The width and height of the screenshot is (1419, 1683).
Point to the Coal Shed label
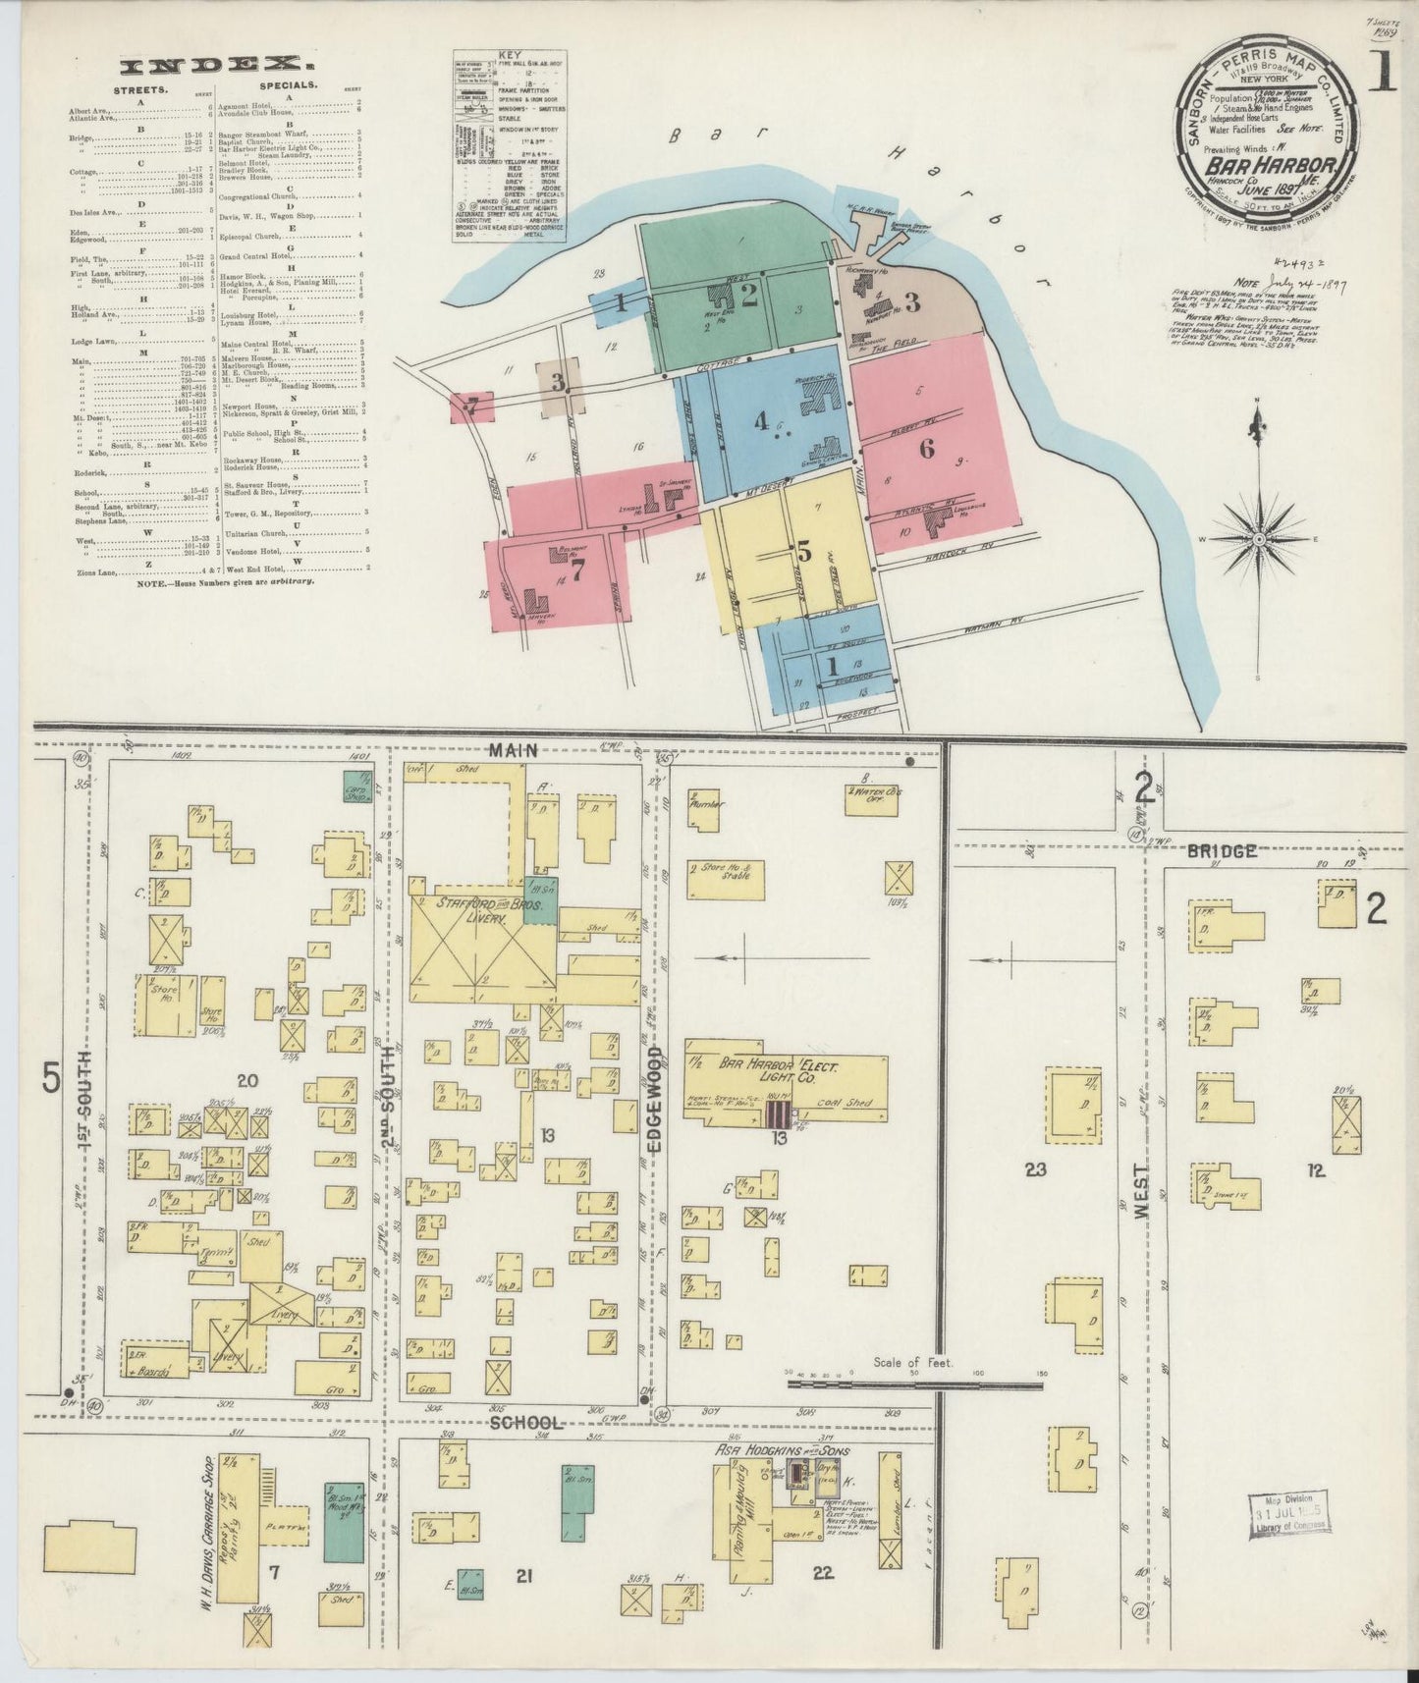(x=849, y=1103)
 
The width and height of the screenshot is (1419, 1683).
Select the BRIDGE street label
(x=1225, y=851)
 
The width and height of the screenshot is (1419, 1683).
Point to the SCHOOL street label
(x=529, y=1423)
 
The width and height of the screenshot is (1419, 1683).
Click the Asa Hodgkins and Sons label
(x=782, y=1451)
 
